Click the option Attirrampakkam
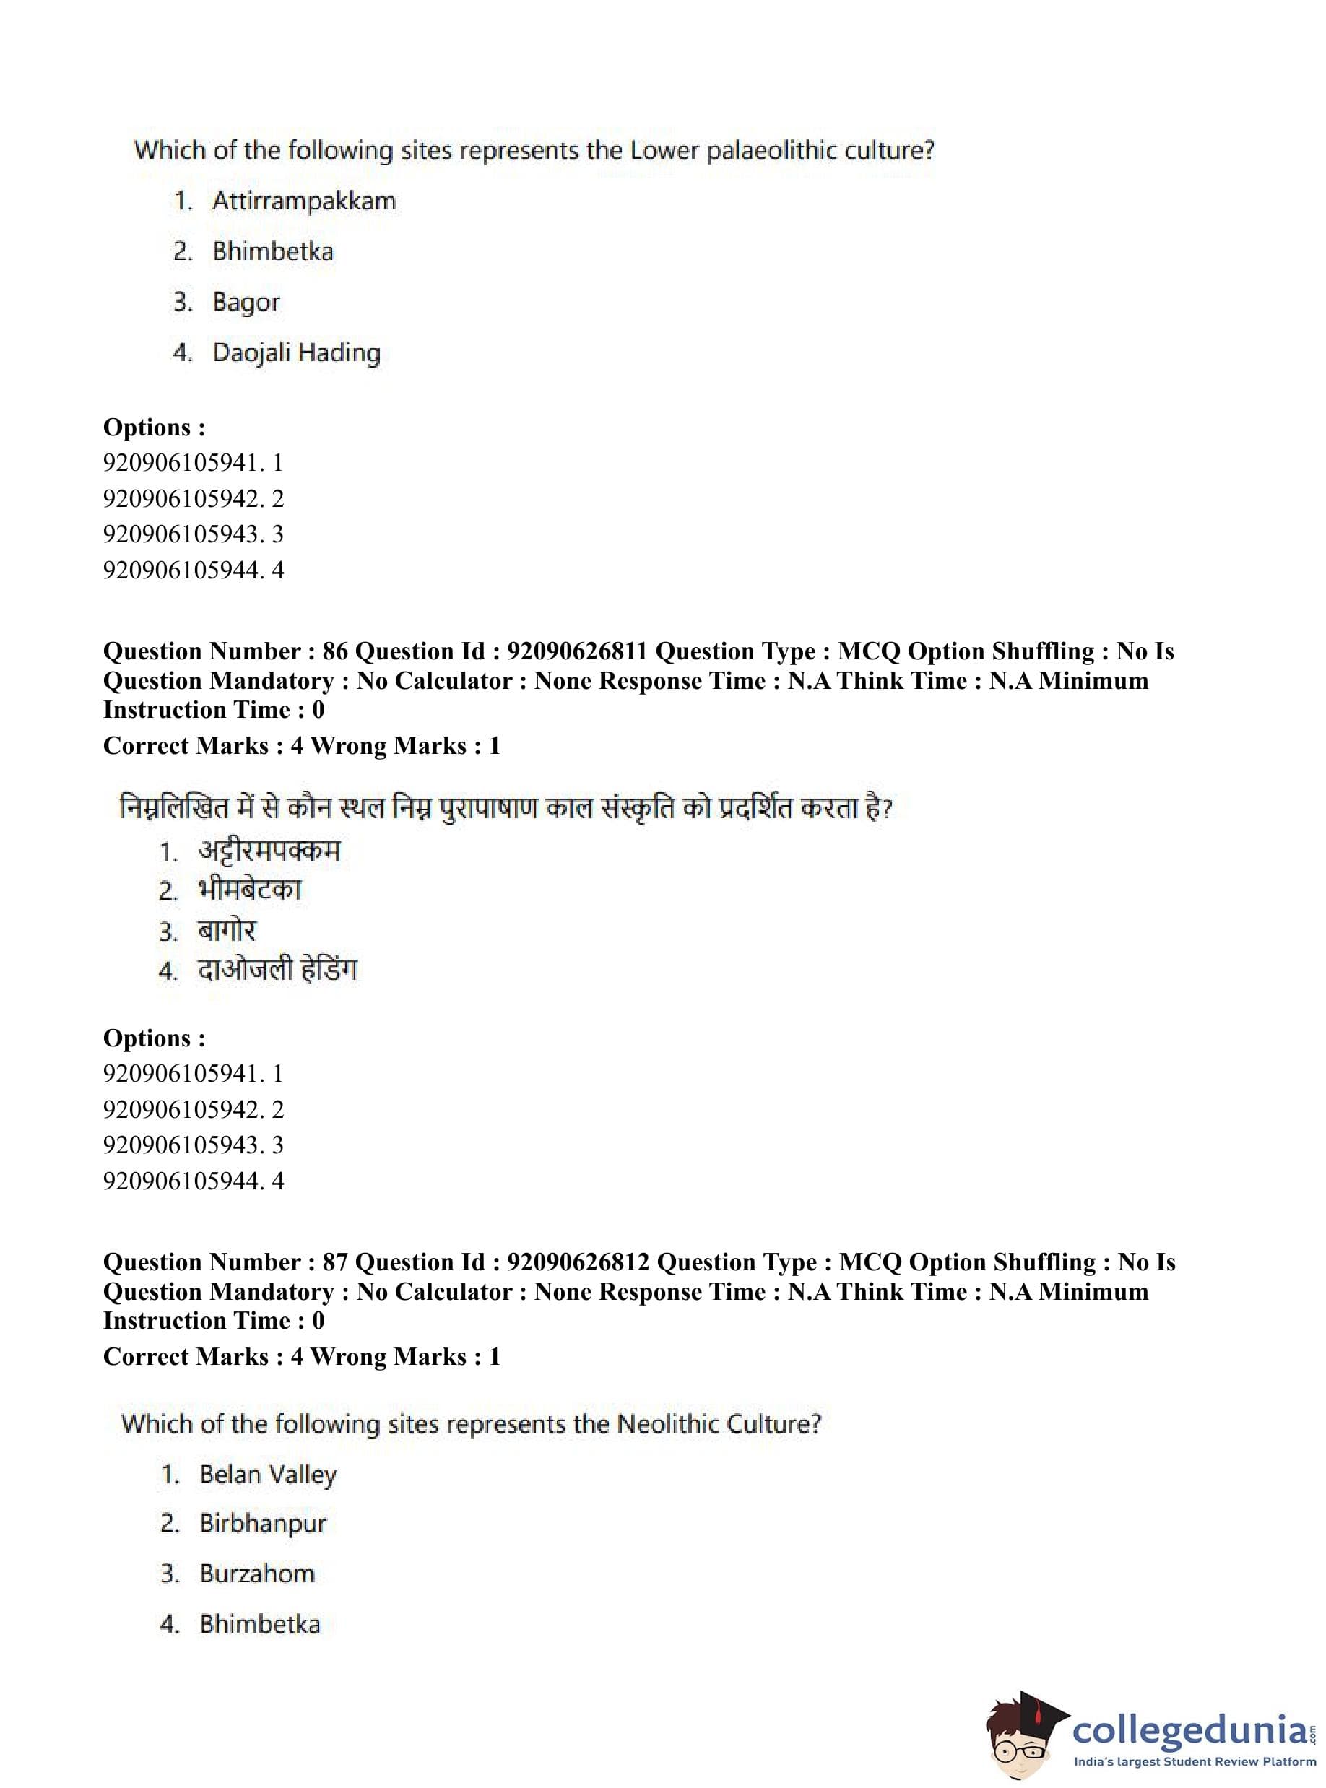coord(303,201)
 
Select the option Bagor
coord(246,302)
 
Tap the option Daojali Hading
coord(296,352)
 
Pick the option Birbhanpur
coord(262,1523)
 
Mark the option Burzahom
coord(257,1573)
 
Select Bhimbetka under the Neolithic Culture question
coord(259,1623)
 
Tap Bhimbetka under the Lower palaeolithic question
coord(272,251)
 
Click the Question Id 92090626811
coord(577,651)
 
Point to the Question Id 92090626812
coord(578,1262)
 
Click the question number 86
coord(334,651)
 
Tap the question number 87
coord(334,1262)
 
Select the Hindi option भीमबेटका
coord(250,890)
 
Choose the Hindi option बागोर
coord(227,931)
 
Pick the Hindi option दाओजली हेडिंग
coord(277,971)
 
